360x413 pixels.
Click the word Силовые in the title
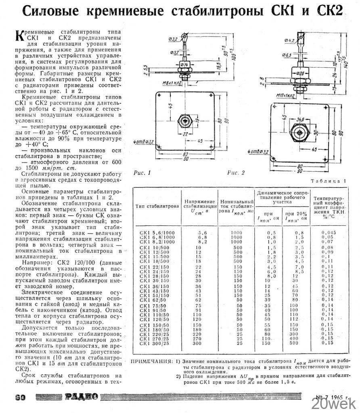(55, 11)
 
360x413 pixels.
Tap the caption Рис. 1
(142, 173)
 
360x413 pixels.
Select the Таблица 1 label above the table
(329, 181)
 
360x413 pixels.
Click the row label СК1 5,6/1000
(153, 233)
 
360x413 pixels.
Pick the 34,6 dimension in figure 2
(300, 120)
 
